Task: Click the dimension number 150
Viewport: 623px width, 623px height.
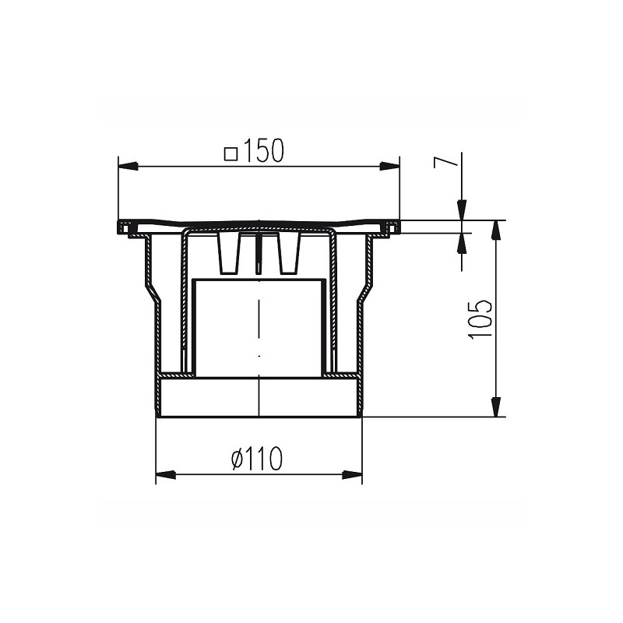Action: [263, 150]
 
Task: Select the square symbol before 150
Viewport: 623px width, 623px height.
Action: [231, 151]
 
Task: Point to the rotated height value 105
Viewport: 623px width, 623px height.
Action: [479, 319]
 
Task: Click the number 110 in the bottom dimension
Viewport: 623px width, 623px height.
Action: [266, 459]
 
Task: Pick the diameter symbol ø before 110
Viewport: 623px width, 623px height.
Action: [240, 459]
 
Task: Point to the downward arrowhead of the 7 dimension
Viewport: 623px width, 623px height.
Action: [461, 209]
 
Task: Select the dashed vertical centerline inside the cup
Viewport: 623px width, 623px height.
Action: [257, 327]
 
